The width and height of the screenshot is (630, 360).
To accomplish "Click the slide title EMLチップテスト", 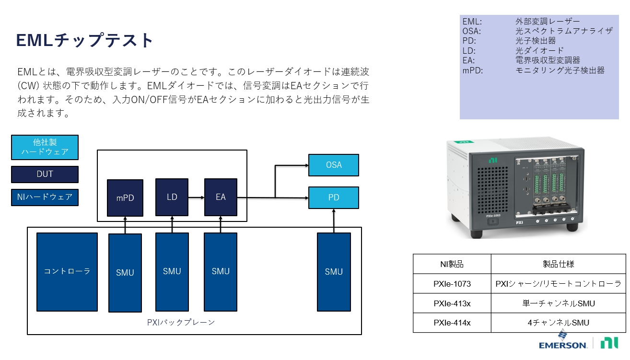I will (x=85, y=40).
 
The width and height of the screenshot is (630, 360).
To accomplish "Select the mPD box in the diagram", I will (x=125, y=197).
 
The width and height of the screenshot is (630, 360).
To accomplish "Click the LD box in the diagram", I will (x=172, y=197).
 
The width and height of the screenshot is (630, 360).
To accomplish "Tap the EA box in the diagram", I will (x=221, y=197).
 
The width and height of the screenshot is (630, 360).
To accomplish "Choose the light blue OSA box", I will (x=333, y=165).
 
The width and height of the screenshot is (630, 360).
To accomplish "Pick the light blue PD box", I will (x=333, y=197).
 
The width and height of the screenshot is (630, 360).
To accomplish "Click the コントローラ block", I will (x=67, y=272).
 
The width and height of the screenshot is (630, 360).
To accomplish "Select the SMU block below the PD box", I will (x=333, y=272).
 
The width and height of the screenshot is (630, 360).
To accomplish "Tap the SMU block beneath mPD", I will (x=125, y=273).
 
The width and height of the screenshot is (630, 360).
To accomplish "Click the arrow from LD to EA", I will (x=196, y=197).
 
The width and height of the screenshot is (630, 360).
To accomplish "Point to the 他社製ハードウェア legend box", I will (x=45, y=147).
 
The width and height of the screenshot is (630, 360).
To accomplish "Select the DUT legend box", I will (x=45, y=174).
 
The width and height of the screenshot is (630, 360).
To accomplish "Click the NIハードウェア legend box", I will (x=45, y=197).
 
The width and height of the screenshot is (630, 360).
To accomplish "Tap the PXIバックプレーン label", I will (x=181, y=323).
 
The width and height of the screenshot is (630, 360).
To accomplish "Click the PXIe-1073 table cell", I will (x=452, y=284).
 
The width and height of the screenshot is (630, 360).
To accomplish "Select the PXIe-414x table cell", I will (x=452, y=323).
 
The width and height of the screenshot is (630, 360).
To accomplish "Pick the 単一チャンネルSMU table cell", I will (x=558, y=303).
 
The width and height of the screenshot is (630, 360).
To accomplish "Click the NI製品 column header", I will (x=452, y=264).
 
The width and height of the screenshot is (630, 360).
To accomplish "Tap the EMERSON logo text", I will (x=562, y=345).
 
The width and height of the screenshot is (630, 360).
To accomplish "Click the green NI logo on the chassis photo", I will (x=492, y=160).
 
